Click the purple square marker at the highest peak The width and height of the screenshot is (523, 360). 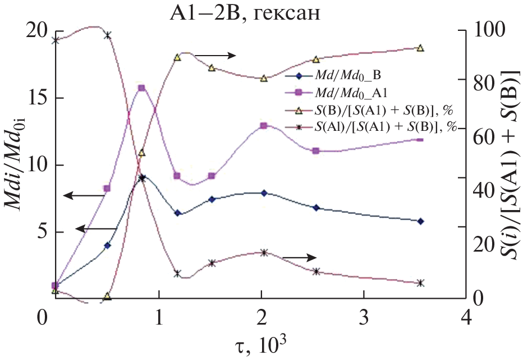(x=141, y=88)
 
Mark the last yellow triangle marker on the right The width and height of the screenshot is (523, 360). (x=420, y=48)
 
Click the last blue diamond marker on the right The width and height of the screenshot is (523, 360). (x=420, y=221)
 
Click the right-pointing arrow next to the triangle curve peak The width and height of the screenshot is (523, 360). (x=216, y=55)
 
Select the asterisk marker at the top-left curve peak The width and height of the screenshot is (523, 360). (x=108, y=35)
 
